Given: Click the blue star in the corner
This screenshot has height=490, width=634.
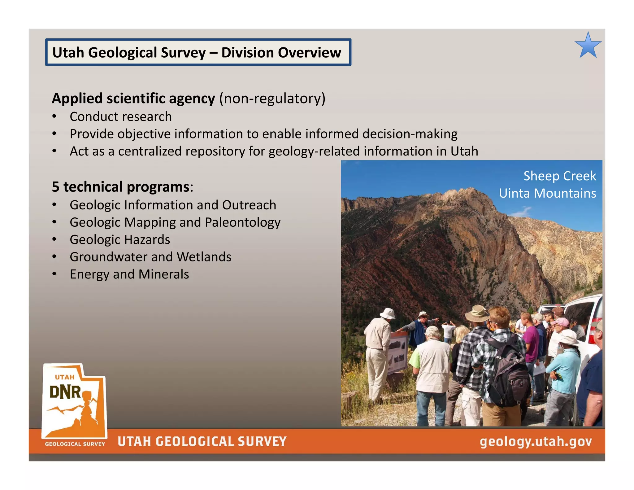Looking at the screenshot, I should (x=588, y=46).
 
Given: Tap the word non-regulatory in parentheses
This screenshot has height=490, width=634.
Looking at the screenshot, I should (x=272, y=98).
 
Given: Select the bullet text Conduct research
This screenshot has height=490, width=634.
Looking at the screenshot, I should (x=120, y=117).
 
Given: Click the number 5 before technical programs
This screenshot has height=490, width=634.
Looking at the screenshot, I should (x=55, y=187).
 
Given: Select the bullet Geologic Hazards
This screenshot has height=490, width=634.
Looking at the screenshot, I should (x=120, y=240).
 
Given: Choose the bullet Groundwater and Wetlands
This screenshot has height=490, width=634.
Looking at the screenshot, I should (x=150, y=257).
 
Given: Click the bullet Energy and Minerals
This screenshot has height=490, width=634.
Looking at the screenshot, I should (x=129, y=274).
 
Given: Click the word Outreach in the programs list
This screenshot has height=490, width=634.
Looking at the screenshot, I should (x=249, y=205).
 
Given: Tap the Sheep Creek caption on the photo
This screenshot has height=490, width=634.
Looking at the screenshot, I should (x=559, y=176).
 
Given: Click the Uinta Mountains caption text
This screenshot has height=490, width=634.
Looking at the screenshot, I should (x=547, y=193).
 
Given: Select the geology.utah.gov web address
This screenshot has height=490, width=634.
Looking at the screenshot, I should (x=536, y=441).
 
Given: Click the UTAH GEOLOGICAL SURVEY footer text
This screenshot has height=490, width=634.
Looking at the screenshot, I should (x=202, y=441).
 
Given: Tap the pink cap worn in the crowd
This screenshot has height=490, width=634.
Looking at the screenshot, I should (x=561, y=322).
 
